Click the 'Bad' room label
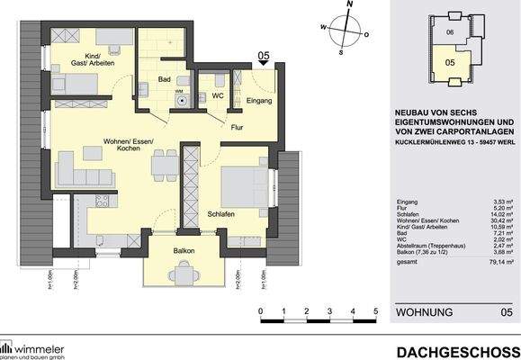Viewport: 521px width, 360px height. (164, 80)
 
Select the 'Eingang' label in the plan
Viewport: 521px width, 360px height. (258, 102)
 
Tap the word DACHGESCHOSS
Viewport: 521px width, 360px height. (456, 350)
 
